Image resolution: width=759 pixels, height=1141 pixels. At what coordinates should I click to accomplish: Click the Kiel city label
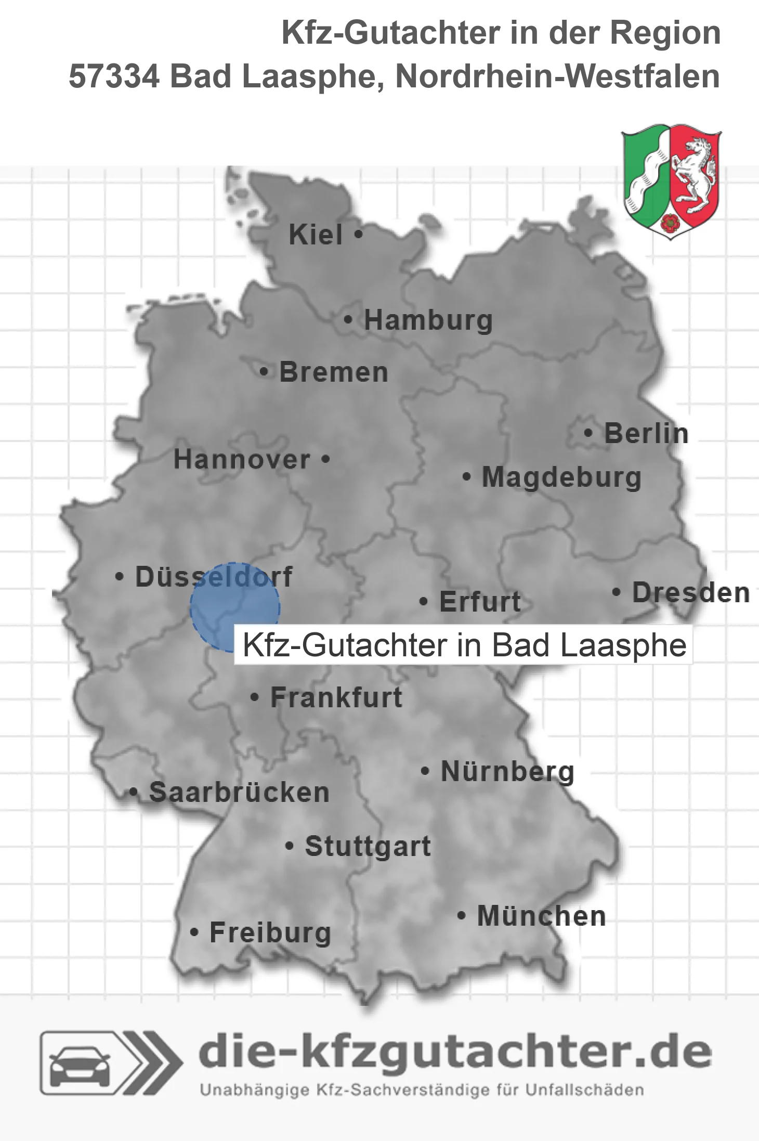tap(316, 235)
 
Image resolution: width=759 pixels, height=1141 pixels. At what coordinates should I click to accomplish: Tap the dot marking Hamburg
tap(348, 320)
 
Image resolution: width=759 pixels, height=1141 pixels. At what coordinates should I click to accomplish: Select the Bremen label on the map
tap(334, 372)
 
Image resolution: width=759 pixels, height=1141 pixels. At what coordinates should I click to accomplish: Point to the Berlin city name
tap(646, 433)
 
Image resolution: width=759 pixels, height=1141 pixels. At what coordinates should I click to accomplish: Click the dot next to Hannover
tap(325, 459)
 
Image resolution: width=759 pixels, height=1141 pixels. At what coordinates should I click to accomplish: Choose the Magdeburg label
tap(561, 477)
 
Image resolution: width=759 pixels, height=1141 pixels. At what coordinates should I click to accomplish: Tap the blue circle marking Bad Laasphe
tap(234, 607)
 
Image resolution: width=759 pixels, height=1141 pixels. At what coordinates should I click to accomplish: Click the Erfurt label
tap(480, 602)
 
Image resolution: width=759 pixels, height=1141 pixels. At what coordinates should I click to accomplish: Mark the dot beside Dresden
tap(617, 592)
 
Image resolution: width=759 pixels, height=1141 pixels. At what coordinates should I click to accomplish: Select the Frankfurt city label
tap(336, 697)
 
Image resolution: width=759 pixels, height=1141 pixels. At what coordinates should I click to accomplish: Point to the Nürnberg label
tap(507, 772)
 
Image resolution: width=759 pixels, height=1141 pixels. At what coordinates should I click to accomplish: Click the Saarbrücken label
tap(239, 793)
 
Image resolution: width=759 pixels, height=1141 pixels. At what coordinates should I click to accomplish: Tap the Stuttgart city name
tap(368, 846)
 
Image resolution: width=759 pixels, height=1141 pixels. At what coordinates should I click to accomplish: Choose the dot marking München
tap(461, 916)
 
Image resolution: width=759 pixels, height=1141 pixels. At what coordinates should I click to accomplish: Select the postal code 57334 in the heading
tap(114, 76)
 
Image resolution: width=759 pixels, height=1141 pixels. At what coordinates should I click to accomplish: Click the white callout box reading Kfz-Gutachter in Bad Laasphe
tap(464, 645)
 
